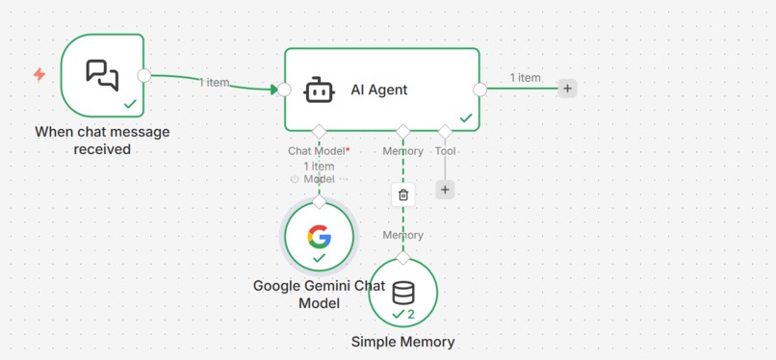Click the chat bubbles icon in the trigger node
point(102,73)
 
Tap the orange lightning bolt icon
point(39,74)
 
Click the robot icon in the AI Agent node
point(319,90)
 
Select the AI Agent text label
point(379,90)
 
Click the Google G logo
point(319,236)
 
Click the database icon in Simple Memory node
point(403,292)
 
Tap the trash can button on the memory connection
point(403,194)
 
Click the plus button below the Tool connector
point(445,190)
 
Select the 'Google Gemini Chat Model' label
point(319,295)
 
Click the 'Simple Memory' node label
point(402,342)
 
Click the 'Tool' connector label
point(445,151)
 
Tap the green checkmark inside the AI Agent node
point(466,118)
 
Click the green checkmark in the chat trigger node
point(130,103)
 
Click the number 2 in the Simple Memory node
point(411,315)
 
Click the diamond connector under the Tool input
point(445,131)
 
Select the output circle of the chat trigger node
point(144,75)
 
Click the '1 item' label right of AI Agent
point(525,78)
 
